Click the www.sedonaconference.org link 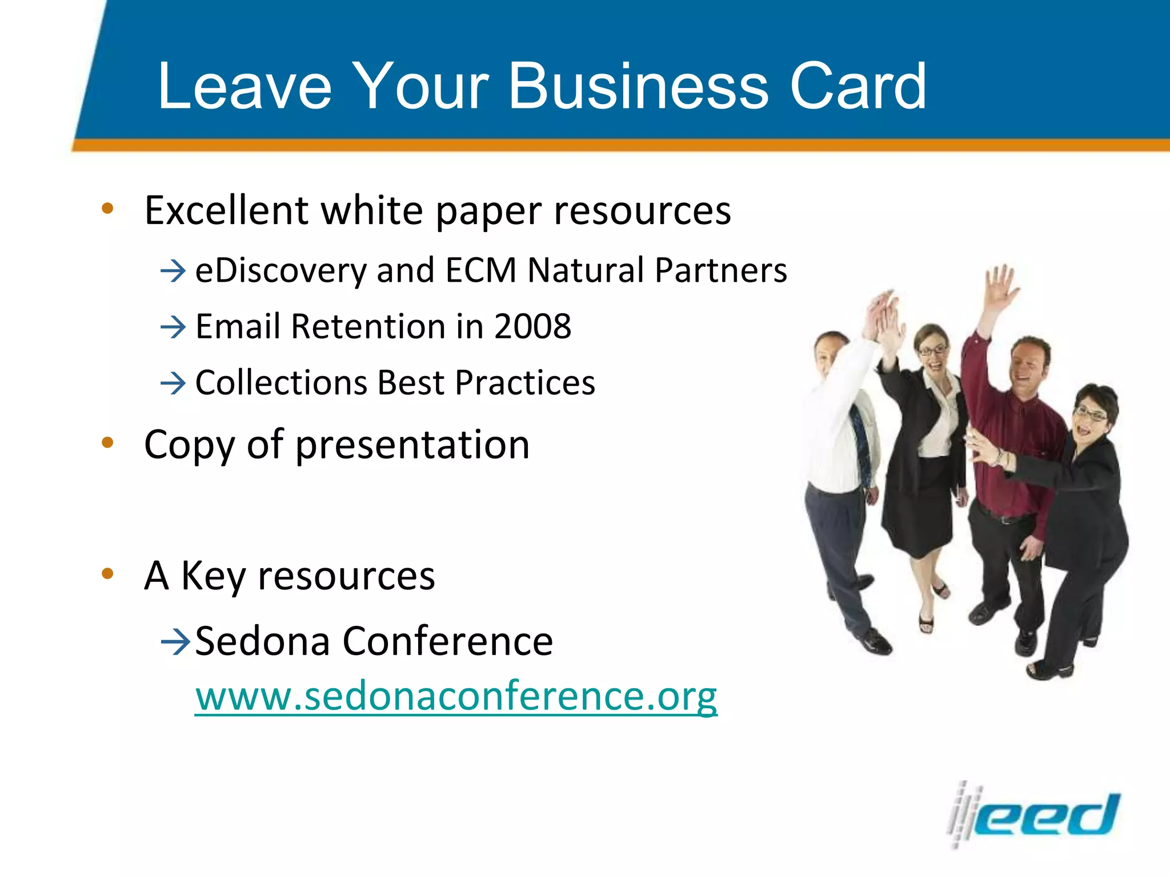point(455,696)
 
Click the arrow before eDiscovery point(173,270)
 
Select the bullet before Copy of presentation point(107,443)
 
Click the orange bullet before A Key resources point(107,573)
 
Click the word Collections point(281,382)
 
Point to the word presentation point(412,445)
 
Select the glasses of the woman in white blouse point(932,350)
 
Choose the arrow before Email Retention point(173,327)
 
